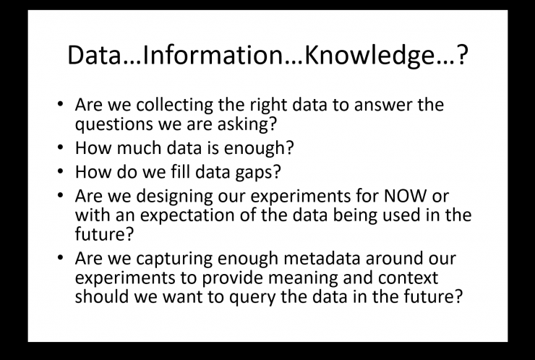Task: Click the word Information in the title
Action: pyautogui.click(x=213, y=55)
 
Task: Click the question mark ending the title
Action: pyautogui.click(x=462, y=55)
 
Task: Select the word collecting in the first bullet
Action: pyautogui.click(x=175, y=105)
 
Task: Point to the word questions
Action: pyautogui.click(x=114, y=124)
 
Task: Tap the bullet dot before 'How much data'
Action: pyautogui.click(x=61, y=147)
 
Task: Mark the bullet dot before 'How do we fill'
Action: pyautogui.click(x=61, y=171)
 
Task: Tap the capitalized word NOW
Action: pyautogui.click(x=405, y=196)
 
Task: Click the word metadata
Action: pyautogui.click(x=322, y=259)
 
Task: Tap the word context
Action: pyautogui.click(x=408, y=278)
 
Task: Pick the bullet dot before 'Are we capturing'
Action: pyautogui.click(x=61, y=257)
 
